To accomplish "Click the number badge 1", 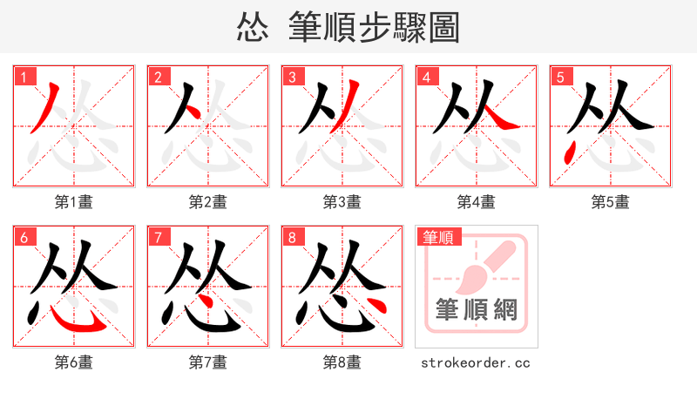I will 24,77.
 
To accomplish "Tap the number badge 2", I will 158,77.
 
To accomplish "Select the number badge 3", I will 292,77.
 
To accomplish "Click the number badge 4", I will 426,77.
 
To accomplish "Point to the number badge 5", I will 560,77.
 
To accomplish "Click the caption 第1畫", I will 74,202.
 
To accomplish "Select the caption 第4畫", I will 477,202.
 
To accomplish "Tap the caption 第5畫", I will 611,202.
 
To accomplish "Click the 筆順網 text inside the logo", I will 477,309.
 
